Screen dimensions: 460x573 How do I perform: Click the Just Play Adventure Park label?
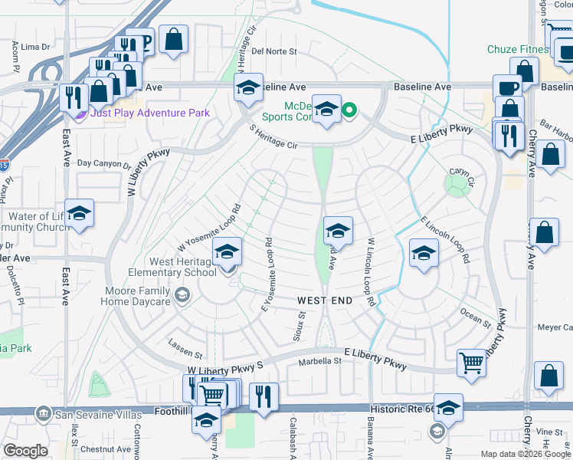150,113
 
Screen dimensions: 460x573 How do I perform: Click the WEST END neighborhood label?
325,301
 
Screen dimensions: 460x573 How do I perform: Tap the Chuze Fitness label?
518,50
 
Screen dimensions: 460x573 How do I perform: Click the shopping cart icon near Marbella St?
470,363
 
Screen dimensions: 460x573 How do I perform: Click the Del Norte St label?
273,51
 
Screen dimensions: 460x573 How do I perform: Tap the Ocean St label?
475,317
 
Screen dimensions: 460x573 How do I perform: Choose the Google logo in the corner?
25,451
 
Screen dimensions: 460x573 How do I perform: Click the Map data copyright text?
526,454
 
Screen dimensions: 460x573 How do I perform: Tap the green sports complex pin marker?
349,111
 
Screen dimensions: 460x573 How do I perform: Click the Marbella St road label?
319,362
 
